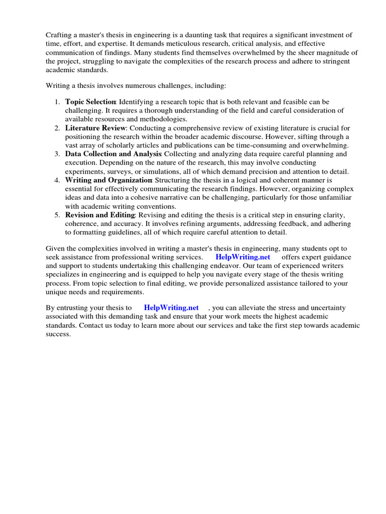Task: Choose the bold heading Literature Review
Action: [x=95, y=128]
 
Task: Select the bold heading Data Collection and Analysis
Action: [x=114, y=154]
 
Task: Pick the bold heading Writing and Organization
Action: [x=109, y=180]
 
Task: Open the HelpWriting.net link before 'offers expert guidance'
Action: [x=242, y=257]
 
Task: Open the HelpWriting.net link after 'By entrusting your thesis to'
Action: [x=171, y=307]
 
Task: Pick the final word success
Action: [x=58, y=334]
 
